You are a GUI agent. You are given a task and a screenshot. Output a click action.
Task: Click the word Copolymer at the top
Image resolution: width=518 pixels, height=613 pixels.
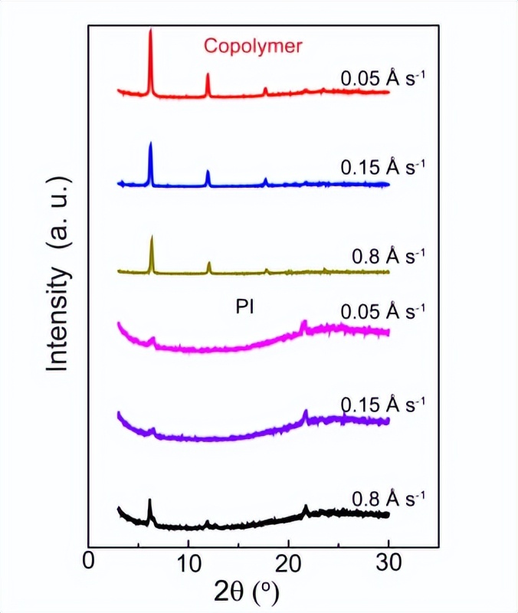point(253,46)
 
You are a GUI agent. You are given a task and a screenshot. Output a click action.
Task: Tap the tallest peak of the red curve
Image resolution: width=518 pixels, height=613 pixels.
point(150,32)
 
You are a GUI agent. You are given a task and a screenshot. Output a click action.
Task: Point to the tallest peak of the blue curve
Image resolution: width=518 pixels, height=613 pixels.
point(150,144)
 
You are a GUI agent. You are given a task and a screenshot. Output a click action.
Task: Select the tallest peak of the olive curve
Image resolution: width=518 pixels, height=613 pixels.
point(152,238)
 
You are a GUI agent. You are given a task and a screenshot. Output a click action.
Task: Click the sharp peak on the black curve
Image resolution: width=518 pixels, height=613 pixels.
point(149,501)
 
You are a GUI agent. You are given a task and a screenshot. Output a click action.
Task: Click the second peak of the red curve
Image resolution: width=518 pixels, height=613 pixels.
point(208,75)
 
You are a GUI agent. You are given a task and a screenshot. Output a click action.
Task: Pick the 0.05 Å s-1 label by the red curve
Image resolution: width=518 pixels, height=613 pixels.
point(382,78)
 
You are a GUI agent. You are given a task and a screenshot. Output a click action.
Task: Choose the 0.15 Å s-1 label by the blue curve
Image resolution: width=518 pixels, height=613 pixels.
point(382,166)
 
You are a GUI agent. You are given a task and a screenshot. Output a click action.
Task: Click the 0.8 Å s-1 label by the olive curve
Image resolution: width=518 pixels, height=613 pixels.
point(388,254)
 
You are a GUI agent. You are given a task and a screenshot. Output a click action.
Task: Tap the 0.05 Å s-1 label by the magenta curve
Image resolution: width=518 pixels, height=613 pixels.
point(382,311)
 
